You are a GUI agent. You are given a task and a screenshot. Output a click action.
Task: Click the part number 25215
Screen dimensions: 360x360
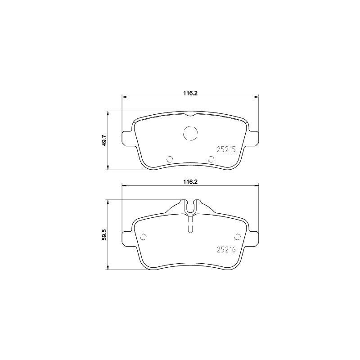[x=226, y=149]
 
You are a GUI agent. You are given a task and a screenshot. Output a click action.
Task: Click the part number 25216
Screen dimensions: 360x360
[x=226, y=250]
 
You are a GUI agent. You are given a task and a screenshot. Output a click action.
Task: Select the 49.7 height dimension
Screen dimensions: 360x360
[x=104, y=140]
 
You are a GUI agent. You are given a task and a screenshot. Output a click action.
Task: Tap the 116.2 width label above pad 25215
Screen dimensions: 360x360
[x=190, y=93]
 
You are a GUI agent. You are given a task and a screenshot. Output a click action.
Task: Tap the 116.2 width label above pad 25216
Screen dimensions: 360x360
[x=190, y=182]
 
